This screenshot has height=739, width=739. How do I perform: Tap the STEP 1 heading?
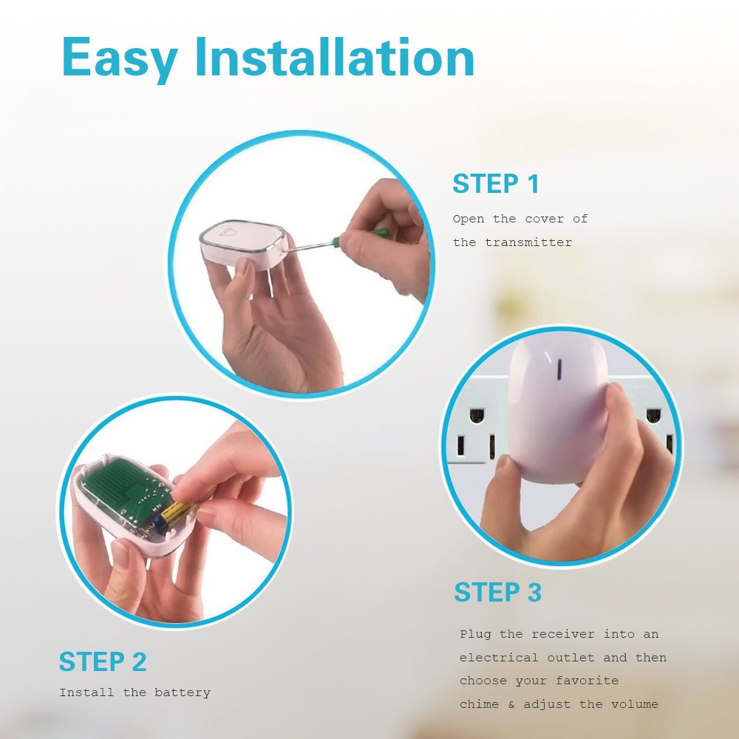(496, 184)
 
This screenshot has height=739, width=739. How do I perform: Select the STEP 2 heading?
(103, 662)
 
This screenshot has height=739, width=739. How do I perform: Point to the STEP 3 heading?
(497, 593)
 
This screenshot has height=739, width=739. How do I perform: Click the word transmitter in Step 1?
(528, 242)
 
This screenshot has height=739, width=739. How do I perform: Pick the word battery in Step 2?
(183, 693)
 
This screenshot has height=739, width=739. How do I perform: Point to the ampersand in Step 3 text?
(511, 704)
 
